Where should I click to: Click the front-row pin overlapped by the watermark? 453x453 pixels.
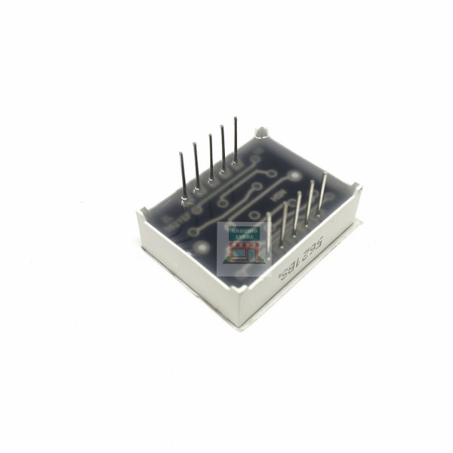[x=269, y=230]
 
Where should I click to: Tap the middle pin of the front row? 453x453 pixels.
[x=297, y=213]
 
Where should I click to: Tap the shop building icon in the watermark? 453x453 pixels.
[x=242, y=251]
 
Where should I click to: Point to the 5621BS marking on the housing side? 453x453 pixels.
[x=302, y=257]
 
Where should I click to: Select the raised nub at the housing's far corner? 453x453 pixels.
[x=261, y=134]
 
